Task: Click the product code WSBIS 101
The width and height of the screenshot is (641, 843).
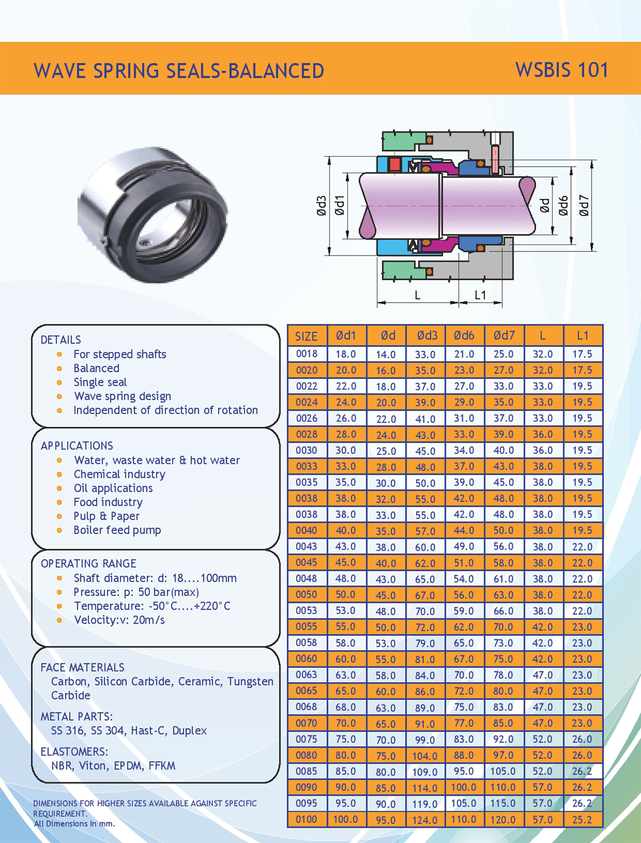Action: coord(561,70)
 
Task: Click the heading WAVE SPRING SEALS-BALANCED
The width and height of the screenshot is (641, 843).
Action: coord(179,71)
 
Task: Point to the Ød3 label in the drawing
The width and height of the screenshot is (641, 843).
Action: coord(321,205)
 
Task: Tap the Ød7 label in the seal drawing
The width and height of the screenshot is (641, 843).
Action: coord(584,205)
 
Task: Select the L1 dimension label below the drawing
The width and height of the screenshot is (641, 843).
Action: coord(480,295)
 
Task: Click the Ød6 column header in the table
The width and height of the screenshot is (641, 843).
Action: coord(464,336)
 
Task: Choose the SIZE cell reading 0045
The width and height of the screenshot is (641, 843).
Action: coord(306,562)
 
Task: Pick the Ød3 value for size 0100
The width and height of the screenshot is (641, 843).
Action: coord(425,820)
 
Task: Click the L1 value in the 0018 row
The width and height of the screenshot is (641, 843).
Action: coord(582,354)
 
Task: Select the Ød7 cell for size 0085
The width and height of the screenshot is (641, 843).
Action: coord(503,771)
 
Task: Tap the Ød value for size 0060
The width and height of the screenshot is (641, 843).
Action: coord(385,659)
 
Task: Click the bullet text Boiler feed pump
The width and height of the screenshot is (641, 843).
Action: coord(117,530)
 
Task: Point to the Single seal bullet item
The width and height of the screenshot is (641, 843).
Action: coord(100,383)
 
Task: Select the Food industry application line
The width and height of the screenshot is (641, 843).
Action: coord(108,502)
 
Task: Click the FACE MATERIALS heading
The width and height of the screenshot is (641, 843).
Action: coord(82,667)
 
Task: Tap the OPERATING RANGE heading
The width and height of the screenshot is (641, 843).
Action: coord(88,564)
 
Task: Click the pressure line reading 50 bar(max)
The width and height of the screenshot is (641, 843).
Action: coord(136,592)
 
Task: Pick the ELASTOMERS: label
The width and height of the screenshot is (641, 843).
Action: coord(74,752)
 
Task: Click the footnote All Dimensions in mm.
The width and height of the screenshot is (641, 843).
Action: coord(74,823)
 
